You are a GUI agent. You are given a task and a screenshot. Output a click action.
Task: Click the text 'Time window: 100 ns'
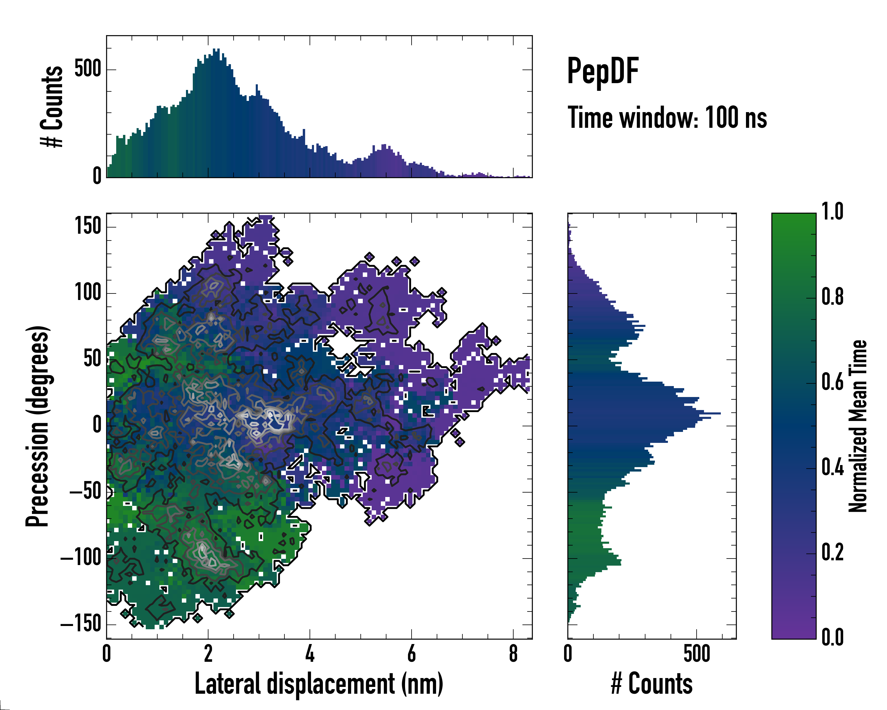(x=667, y=118)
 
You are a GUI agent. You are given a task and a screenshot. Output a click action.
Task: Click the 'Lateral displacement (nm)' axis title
(x=319, y=684)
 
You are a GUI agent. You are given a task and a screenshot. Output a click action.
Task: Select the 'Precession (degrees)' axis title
(x=38, y=426)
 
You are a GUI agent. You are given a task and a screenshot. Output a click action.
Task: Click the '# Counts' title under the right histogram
(x=652, y=684)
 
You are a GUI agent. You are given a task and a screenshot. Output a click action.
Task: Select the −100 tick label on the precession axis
(x=81, y=558)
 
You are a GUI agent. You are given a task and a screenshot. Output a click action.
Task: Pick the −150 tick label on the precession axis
(x=81, y=625)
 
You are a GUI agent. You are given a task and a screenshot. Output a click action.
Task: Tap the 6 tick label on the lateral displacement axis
(x=411, y=653)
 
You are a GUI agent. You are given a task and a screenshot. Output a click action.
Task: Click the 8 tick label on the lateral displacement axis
(x=513, y=653)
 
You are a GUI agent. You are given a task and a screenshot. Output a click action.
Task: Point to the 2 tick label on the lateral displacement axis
(x=208, y=653)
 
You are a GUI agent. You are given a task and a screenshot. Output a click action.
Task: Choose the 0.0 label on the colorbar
(x=832, y=638)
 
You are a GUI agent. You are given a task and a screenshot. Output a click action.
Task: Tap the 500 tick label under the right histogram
(x=697, y=653)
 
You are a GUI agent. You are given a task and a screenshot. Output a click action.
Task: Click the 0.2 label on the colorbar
(x=832, y=552)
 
